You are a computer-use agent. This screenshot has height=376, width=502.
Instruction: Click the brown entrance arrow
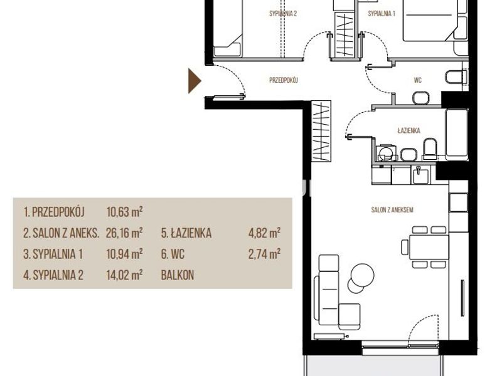point(195,81)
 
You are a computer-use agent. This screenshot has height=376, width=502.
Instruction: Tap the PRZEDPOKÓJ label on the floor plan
point(284,80)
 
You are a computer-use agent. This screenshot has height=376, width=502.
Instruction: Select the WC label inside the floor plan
point(417,80)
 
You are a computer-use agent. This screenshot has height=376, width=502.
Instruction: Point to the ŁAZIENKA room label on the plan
point(409,130)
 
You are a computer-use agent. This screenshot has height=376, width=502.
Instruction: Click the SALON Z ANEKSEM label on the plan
point(392,210)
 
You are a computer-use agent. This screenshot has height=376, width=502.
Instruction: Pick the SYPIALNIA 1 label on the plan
point(382,14)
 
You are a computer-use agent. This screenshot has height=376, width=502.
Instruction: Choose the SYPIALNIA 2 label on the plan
point(283,14)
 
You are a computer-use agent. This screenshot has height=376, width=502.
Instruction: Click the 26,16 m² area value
point(124,233)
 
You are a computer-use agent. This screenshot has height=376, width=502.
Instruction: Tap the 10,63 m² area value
point(124,212)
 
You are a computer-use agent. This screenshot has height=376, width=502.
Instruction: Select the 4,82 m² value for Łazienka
point(264,233)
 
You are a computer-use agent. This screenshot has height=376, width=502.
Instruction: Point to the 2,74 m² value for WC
point(264,254)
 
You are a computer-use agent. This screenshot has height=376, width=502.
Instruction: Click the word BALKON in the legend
point(178,275)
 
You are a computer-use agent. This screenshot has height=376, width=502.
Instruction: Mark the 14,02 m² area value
point(124,275)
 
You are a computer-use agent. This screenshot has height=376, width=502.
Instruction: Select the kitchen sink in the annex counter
point(420,175)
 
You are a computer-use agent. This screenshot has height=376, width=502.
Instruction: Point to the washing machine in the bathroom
point(386,152)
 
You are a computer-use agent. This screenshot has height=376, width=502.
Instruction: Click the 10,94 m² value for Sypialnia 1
point(124,254)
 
